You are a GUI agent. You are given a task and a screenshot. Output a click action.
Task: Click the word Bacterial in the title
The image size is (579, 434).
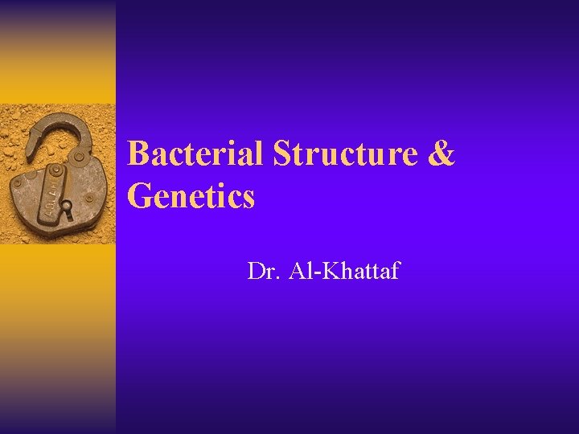point(196,154)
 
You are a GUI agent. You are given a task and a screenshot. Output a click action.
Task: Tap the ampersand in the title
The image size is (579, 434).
point(442,154)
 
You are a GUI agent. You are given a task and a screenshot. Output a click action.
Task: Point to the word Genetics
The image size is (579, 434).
point(191,195)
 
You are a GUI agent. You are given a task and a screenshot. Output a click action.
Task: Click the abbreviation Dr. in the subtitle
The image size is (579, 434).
point(262,272)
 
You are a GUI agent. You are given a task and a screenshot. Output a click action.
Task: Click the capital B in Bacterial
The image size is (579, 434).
point(138,154)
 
